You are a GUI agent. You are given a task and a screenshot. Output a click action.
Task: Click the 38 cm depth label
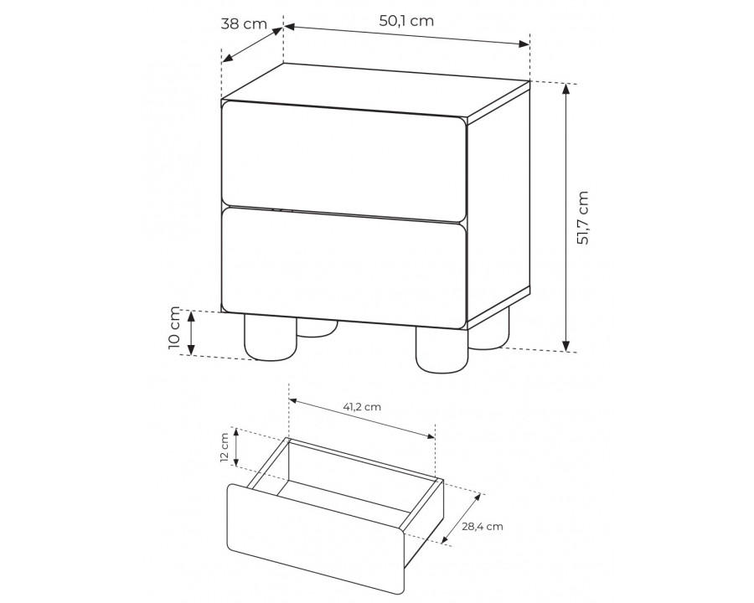click(x=244, y=23)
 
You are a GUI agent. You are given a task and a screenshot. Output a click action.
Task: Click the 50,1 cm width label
click(x=406, y=21)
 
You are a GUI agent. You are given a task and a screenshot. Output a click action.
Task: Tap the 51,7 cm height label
click(x=582, y=218)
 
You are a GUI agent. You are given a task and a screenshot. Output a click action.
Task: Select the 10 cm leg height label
click(x=174, y=328)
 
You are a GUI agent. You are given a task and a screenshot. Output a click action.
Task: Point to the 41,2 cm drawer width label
click(x=362, y=407)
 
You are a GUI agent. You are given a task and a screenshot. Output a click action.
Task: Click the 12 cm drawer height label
click(x=225, y=448)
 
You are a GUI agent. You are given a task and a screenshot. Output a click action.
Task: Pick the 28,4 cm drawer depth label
click(x=483, y=526)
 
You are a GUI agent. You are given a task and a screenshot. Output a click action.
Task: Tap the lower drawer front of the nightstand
click(x=343, y=268)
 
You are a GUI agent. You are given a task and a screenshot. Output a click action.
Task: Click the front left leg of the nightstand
click(x=271, y=337)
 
